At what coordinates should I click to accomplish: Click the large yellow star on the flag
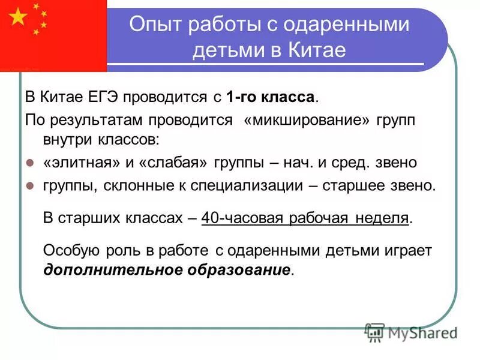(19, 17)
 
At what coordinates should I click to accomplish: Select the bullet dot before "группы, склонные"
(31, 186)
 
